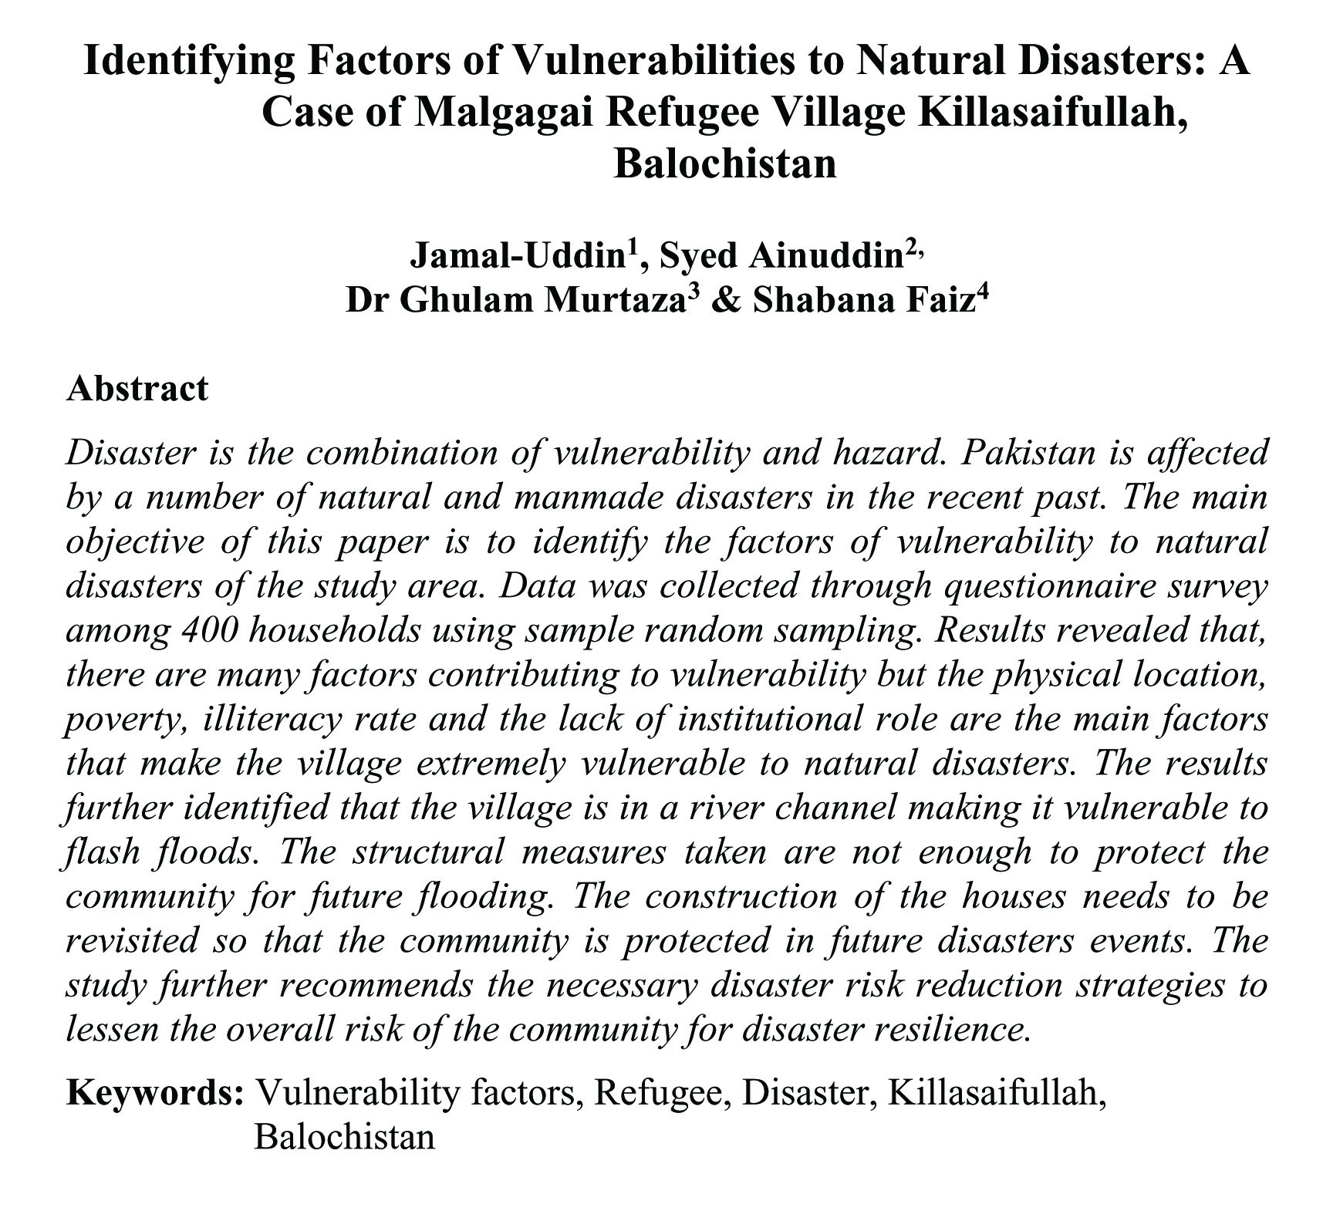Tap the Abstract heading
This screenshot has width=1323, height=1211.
click(137, 388)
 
